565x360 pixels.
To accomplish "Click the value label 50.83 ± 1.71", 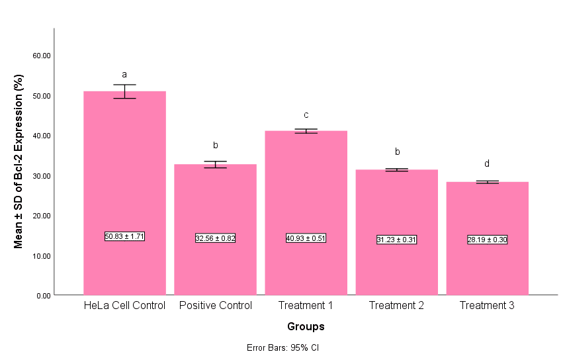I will (x=124, y=236).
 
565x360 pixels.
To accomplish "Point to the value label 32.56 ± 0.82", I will (x=215, y=238).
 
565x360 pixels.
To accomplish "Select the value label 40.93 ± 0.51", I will (x=306, y=238).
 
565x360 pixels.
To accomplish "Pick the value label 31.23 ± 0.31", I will (x=396, y=240).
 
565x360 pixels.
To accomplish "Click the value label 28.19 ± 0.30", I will (x=487, y=240).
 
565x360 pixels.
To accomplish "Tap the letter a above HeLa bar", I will (x=124, y=75).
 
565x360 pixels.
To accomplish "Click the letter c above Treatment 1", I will (x=306, y=115).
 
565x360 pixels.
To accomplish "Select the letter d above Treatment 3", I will (x=487, y=164).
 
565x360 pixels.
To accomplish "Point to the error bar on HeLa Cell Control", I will (x=124, y=91).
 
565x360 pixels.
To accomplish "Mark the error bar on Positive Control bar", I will (x=215, y=164).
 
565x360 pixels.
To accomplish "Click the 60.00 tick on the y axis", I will (x=42, y=56).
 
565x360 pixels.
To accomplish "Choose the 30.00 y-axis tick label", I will (x=42, y=175).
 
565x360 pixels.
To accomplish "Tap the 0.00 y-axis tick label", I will (x=44, y=295).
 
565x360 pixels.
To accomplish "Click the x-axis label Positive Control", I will (x=215, y=306).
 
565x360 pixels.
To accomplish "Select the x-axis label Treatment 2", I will (x=396, y=306).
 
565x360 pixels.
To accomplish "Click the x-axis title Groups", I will (x=306, y=326).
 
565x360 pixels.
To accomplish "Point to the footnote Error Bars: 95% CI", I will (x=283, y=347).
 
